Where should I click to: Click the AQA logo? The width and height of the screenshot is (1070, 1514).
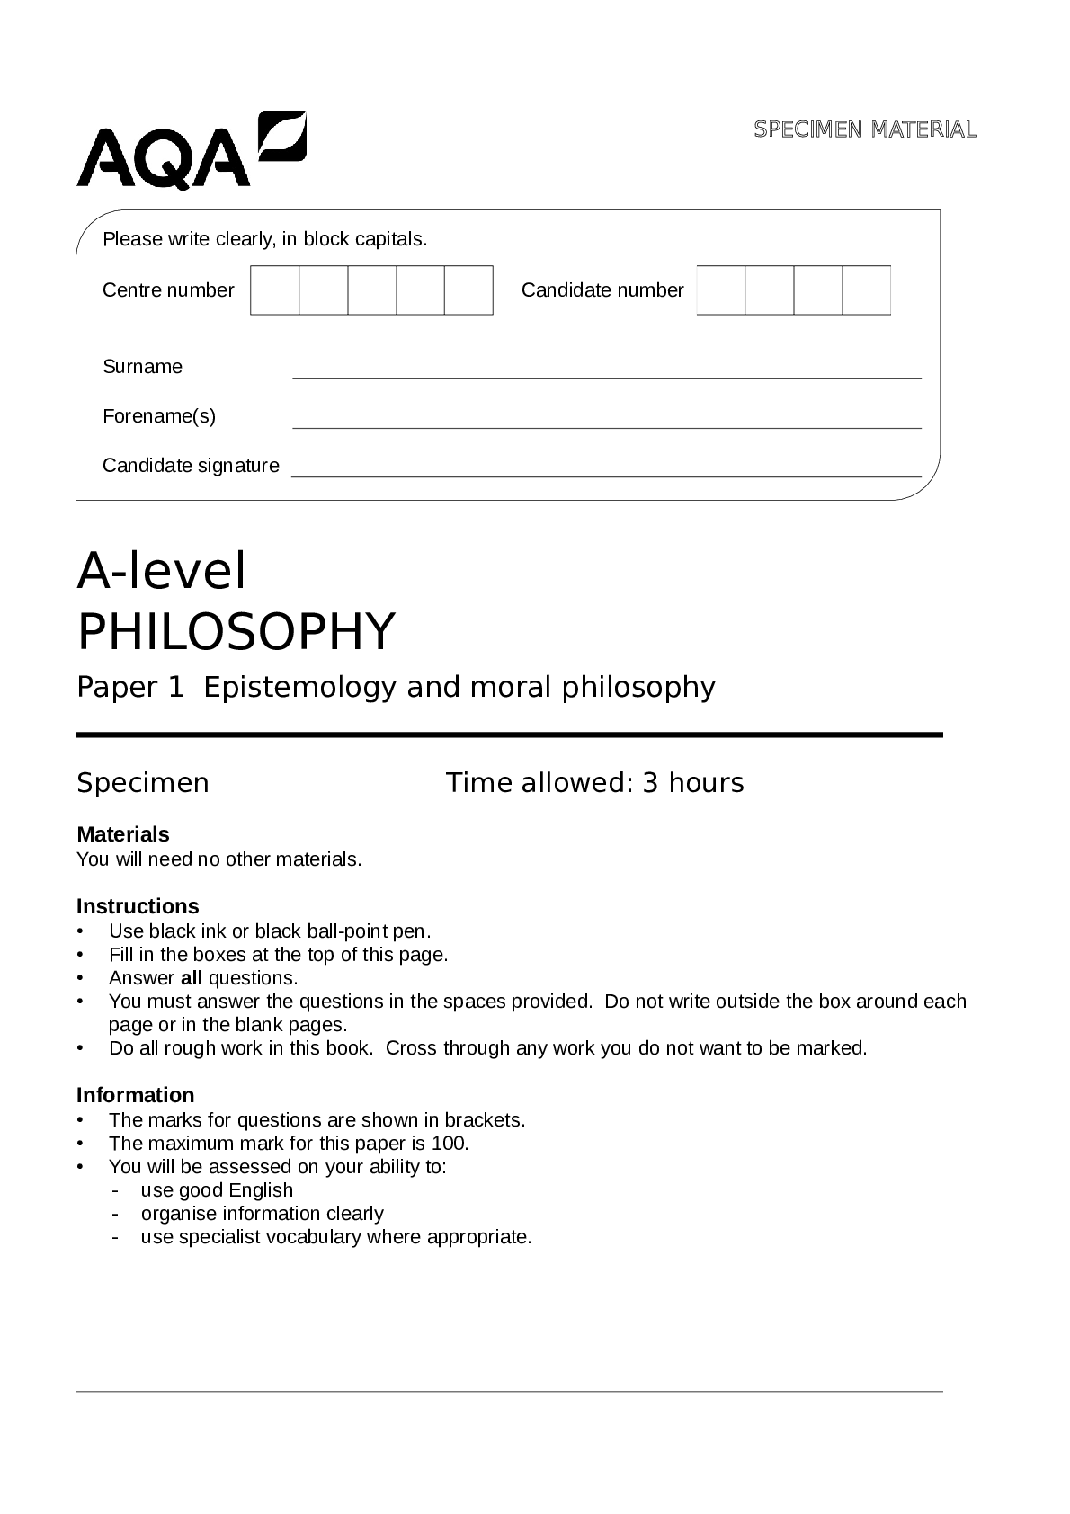pyautogui.click(x=191, y=151)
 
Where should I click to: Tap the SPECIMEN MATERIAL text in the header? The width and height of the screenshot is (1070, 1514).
pyautogui.click(x=865, y=129)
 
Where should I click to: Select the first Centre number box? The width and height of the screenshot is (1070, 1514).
pyautogui.click(x=274, y=290)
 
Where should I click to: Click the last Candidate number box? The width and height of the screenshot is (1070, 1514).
pyautogui.click(x=866, y=290)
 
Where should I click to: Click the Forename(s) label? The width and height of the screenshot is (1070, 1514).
pyautogui.click(x=159, y=416)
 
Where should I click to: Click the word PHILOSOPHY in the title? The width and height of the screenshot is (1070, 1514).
pyautogui.click(x=236, y=631)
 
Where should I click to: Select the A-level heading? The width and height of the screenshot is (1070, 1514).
pyautogui.click(x=162, y=571)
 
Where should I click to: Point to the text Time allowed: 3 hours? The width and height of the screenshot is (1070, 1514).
pyautogui.click(x=595, y=783)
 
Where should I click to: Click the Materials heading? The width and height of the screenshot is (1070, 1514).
pyautogui.click(x=123, y=834)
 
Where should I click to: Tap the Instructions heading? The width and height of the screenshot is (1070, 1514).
pyautogui.click(x=138, y=906)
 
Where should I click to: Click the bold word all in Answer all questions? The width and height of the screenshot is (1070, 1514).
pyautogui.click(x=192, y=978)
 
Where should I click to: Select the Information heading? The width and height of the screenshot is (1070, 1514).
pyautogui.click(x=136, y=1095)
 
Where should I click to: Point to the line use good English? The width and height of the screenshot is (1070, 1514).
pyautogui.click(x=217, y=1190)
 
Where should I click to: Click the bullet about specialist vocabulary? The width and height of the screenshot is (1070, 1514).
pyautogui.click(x=335, y=1237)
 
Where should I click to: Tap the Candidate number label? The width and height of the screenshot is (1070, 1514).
pyautogui.click(x=602, y=290)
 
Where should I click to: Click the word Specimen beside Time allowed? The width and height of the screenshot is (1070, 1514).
pyautogui.click(x=143, y=783)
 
